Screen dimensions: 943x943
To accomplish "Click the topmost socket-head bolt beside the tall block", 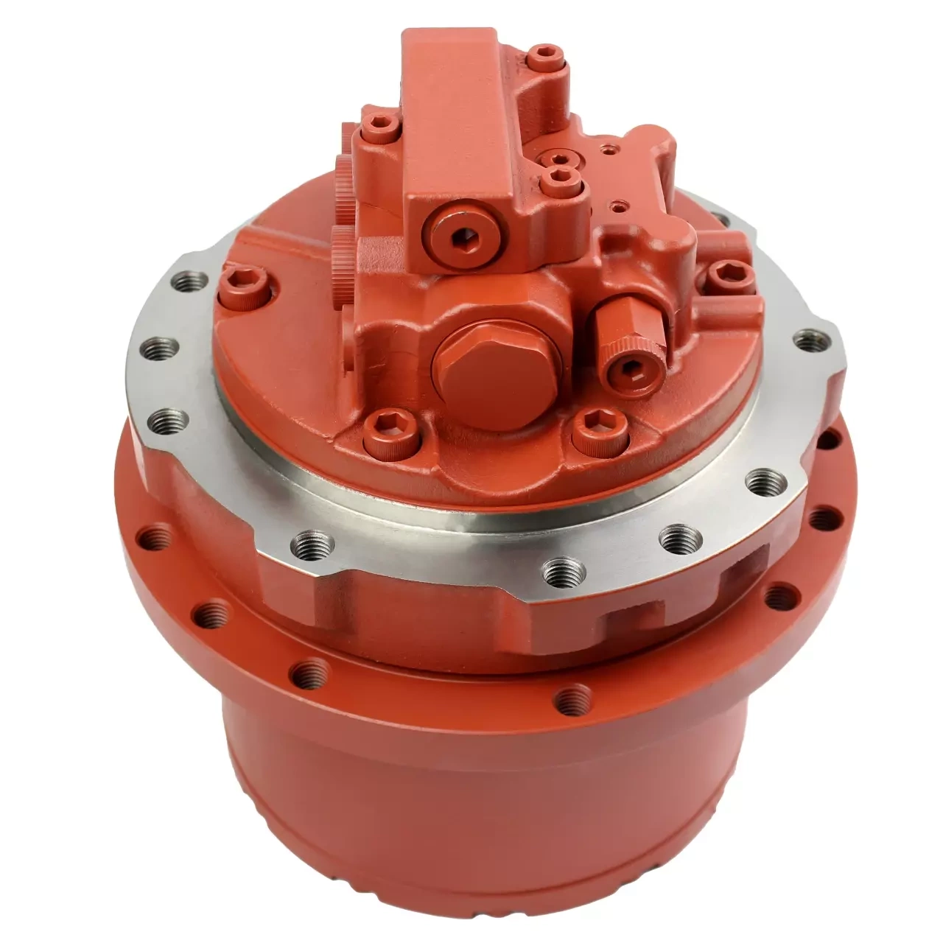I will (544, 54).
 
